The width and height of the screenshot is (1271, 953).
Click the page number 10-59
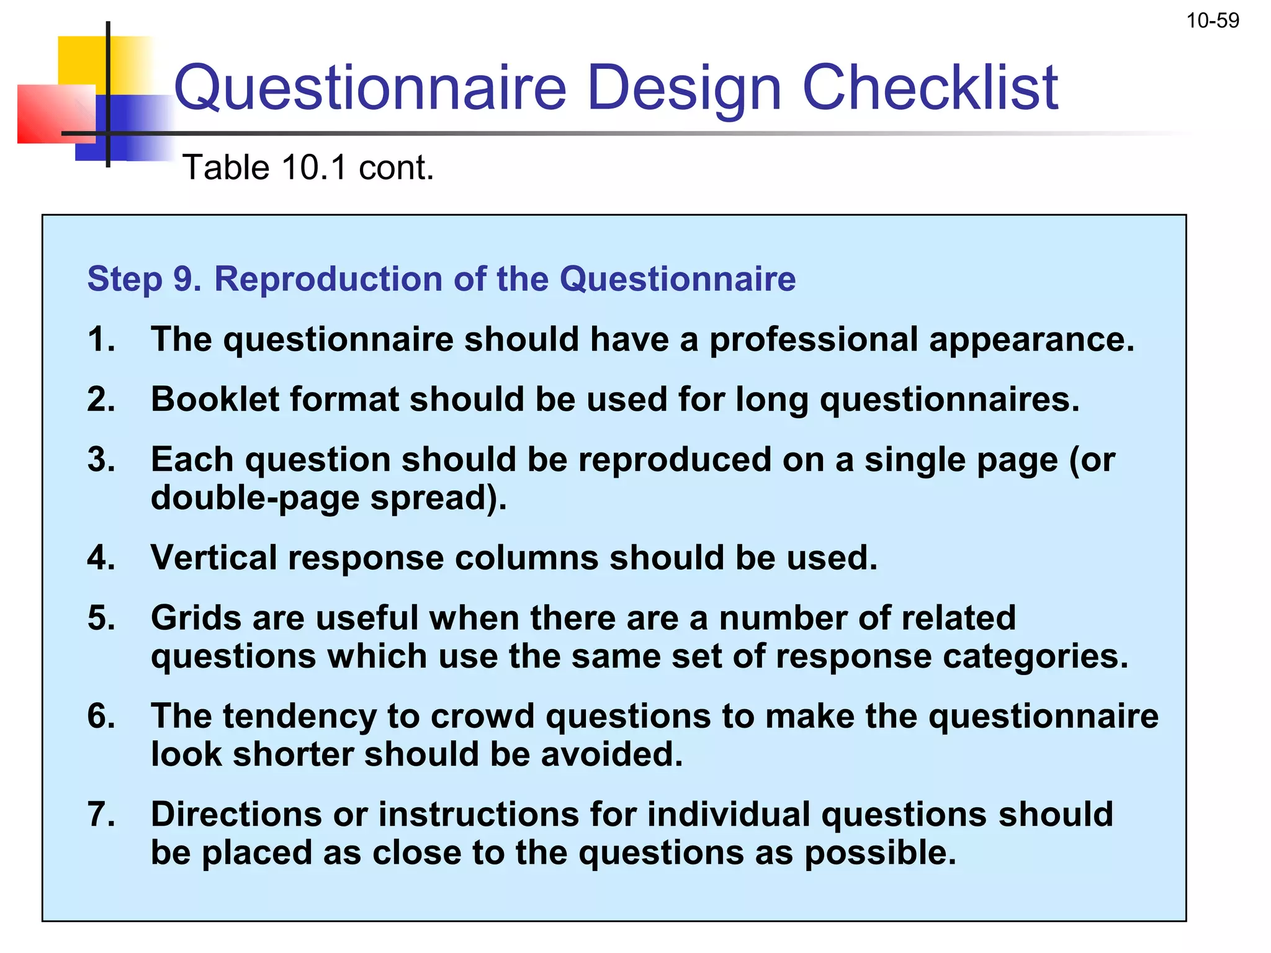1212,20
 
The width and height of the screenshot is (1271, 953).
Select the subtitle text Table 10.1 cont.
308,168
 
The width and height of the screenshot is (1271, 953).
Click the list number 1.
101,339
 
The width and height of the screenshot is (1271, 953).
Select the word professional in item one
813,341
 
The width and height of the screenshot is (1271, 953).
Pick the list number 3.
101,460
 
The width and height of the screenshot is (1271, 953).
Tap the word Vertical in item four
214,558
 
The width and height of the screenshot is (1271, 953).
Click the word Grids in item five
195,619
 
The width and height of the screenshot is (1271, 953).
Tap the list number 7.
101,814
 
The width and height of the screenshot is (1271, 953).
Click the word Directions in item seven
236,814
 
